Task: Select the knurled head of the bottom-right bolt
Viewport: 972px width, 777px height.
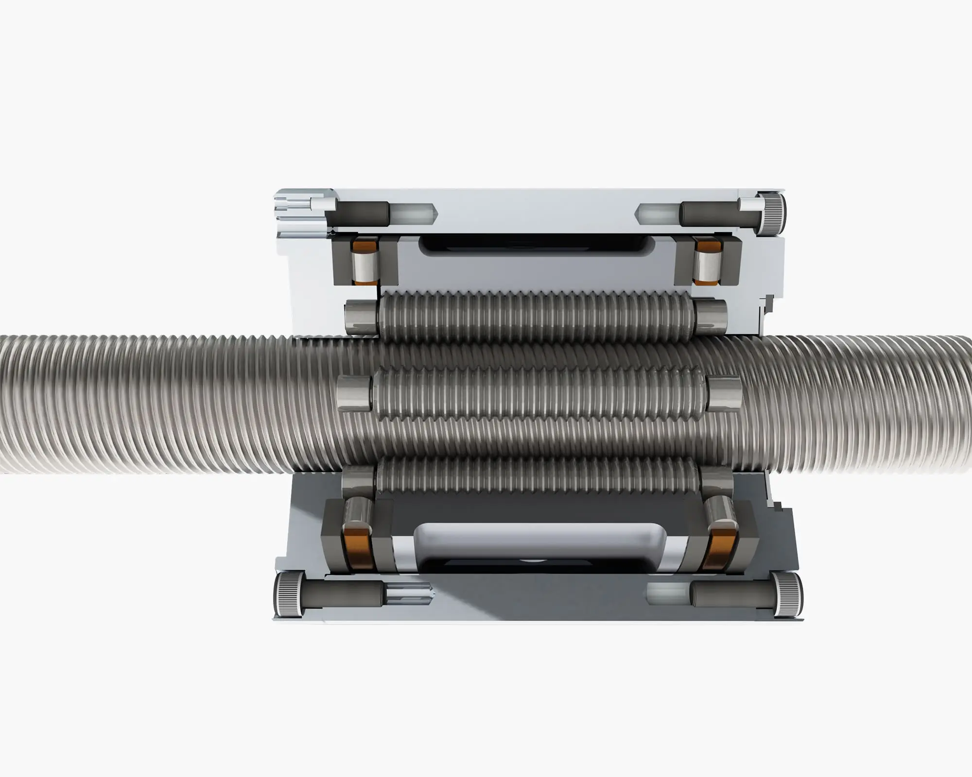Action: coord(787,594)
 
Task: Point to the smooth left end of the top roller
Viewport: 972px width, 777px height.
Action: coord(362,317)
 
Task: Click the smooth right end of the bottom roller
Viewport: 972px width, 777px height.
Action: coord(717,481)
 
